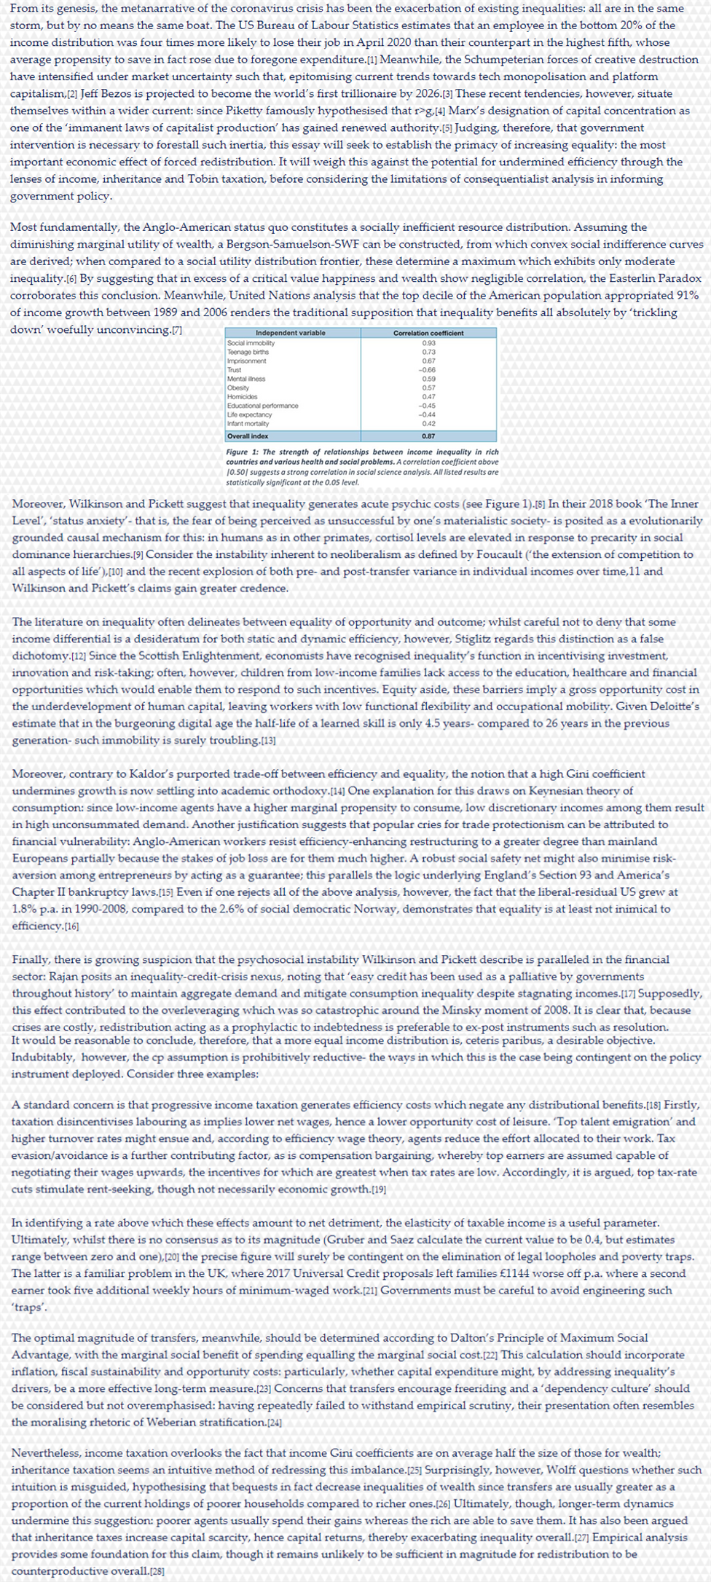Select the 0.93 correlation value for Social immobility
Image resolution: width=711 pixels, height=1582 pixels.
click(x=428, y=342)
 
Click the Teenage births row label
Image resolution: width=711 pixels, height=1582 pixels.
click(x=248, y=352)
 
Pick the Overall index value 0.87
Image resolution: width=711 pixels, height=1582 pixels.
click(x=428, y=436)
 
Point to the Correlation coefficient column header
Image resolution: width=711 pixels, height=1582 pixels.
click(x=428, y=333)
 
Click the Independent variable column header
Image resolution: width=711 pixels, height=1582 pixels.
click(x=291, y=333)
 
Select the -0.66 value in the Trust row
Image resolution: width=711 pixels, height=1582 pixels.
click(x=428, y=370)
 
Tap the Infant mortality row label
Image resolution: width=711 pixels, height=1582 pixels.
click(x=248, y=423)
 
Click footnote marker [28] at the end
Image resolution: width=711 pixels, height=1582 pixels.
click(x=156, y=1571)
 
